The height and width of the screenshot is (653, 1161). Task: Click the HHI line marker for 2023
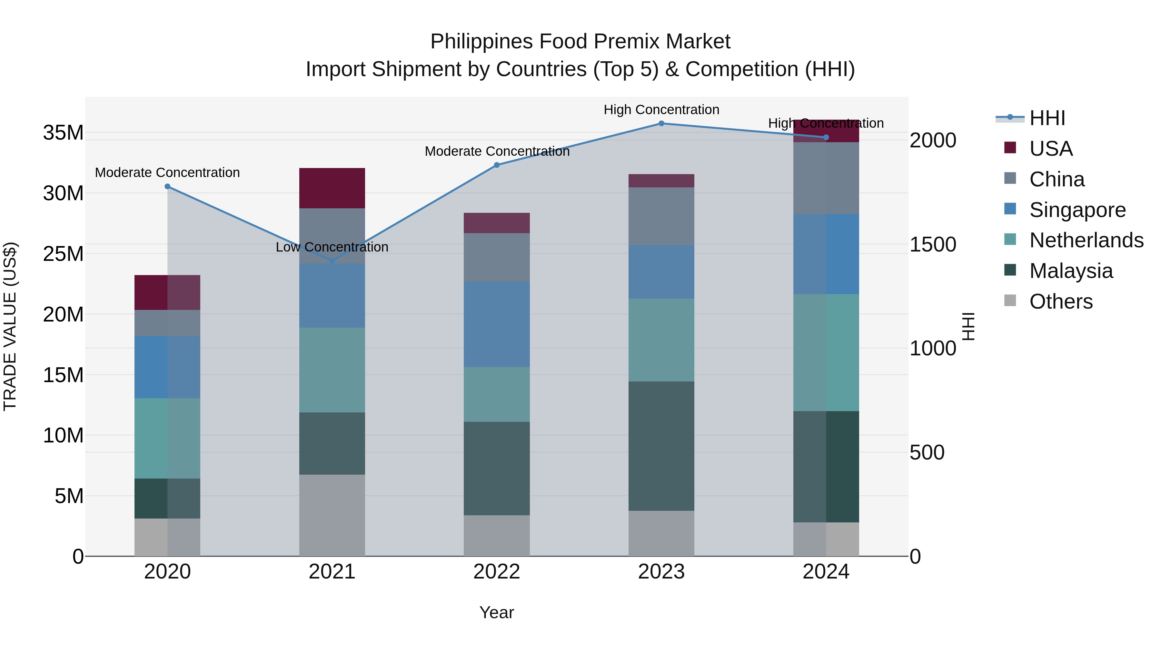coord(661,124)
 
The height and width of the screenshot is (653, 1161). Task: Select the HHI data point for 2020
coord(167,187)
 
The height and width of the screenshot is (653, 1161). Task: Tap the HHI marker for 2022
coord(497,165)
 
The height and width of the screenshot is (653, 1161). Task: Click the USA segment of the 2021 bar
coord(332,188)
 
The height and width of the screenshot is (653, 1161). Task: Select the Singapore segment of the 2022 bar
coord(497,324)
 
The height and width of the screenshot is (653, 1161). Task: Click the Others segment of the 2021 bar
coord(332,515)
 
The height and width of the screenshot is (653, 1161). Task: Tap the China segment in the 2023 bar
coord(661,216)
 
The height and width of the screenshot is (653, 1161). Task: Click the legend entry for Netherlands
coord(1086,240)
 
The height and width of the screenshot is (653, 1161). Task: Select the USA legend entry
coord(1051,149)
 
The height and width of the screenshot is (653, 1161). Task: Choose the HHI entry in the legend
coord(1047,118)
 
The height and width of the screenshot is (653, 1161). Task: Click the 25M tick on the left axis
coord(63,254)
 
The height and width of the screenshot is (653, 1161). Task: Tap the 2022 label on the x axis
coord(497,572)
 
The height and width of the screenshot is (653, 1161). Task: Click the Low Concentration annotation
coord(332,247)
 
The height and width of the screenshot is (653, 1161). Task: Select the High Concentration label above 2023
coord(661,110)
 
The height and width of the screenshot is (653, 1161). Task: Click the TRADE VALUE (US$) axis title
coord(10,326)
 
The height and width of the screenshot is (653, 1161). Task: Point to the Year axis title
coord(497,612)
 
